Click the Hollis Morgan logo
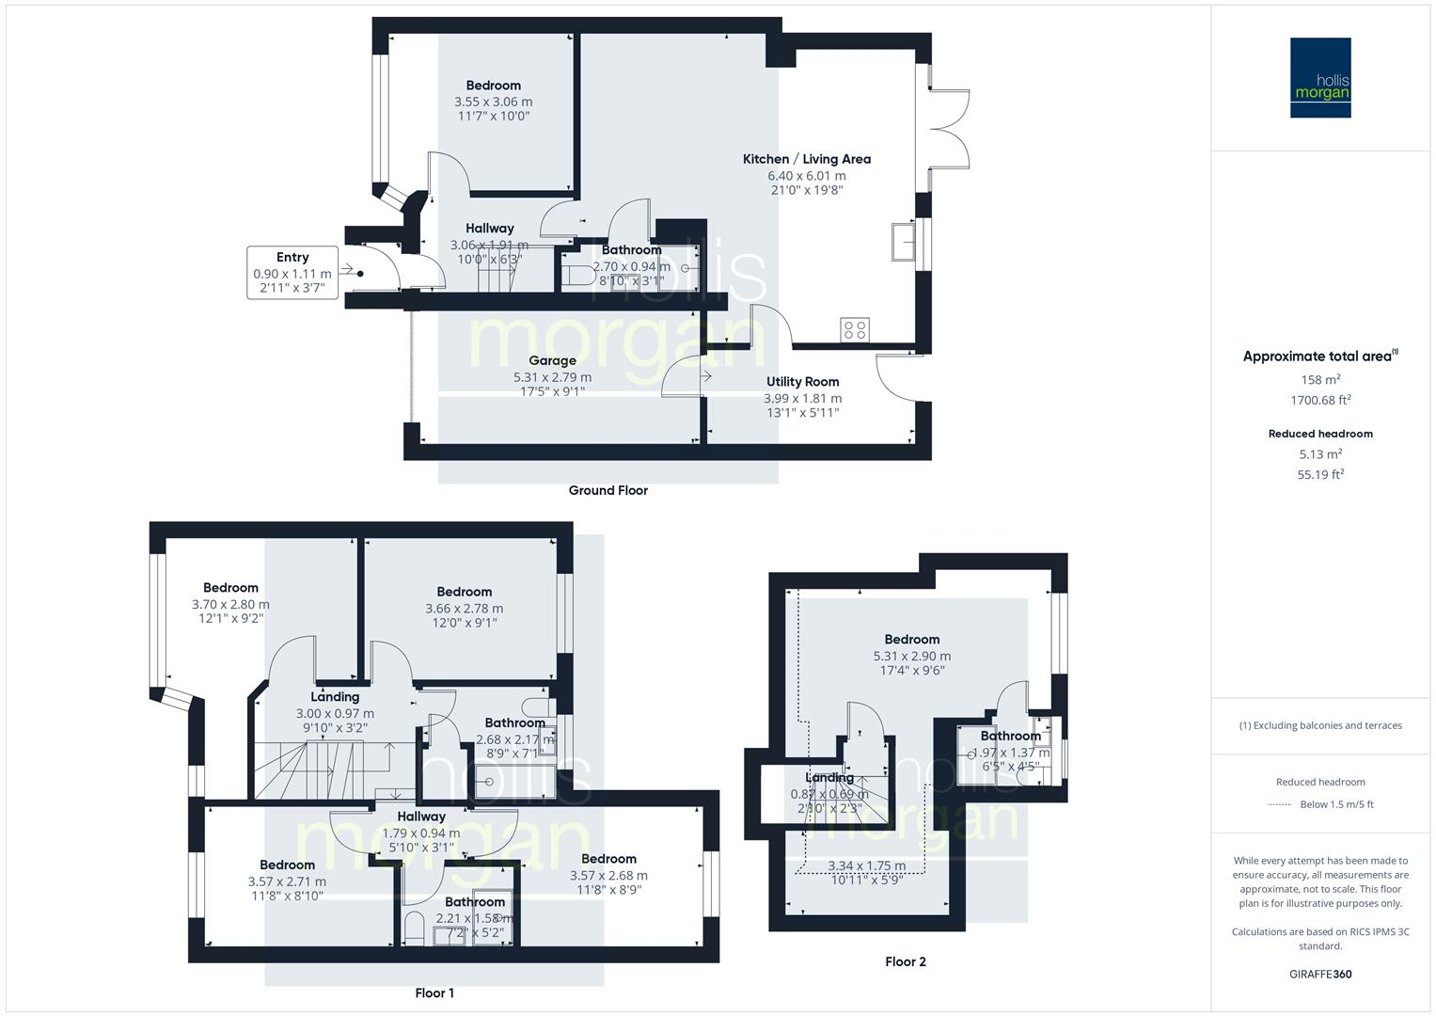point(1320,78)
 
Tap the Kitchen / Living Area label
point(807,159)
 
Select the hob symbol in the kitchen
point(856,329)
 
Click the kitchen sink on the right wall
point(905,242)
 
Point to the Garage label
point(552,360)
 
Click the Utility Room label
point(802,381)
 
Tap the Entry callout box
point(292,272)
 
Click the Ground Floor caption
point(608,490)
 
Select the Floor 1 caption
point(434,992)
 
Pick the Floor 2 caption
point(906,961)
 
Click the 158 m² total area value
point(1320,380)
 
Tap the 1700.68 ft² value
point(1320,400)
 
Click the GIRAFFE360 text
point(1320,974)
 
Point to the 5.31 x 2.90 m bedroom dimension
point(911,656)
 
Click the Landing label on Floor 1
point(335,697)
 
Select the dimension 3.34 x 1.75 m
point(866,865)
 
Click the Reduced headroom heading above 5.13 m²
point(1320,434)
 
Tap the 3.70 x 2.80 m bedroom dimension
point(230,605)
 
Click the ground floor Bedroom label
point(493,86)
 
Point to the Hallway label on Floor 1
point(420,817)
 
